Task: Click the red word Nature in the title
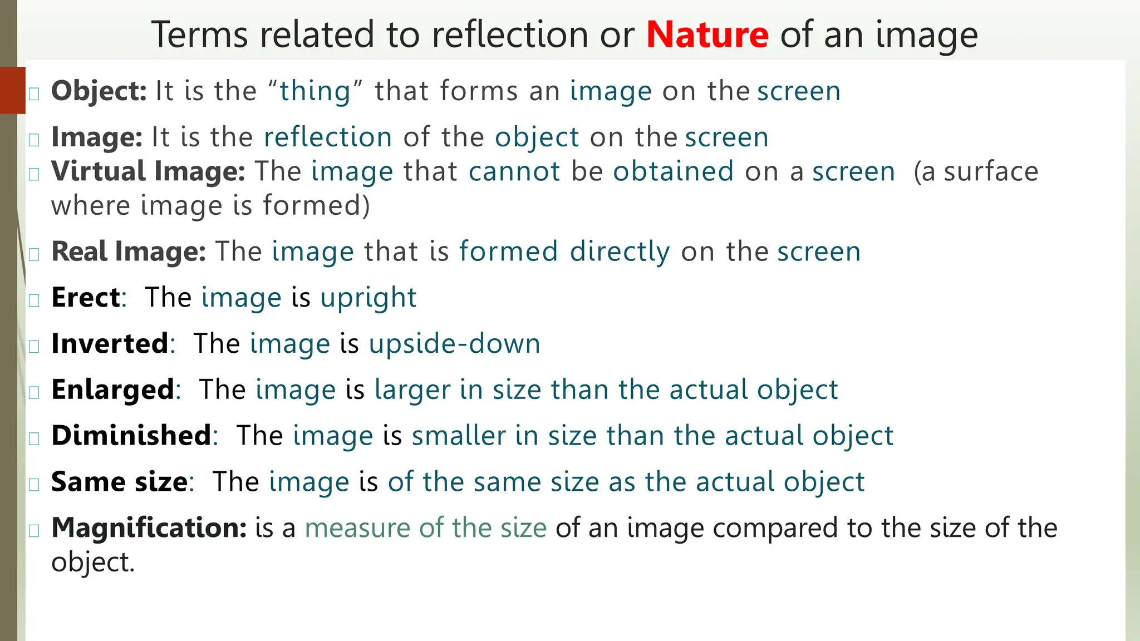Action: [707, 34]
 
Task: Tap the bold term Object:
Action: [99, 91]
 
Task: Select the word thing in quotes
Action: [315, 91]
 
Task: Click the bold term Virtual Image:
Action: [148, 171]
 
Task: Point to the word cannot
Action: [514, 171]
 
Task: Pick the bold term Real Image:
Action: [129, 252]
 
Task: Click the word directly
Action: [620, 252]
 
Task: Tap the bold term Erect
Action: [86, 298]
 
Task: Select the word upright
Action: [368, 298]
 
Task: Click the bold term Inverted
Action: [110, 344]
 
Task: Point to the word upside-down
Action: [454, 344]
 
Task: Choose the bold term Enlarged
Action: [113, 389]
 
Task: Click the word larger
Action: [412, 389]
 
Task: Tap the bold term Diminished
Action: [131, 436]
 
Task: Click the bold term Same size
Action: [119, 482]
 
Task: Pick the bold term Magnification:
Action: [149, 527]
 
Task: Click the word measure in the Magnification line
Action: [356, 527]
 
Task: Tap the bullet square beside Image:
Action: [34, 139]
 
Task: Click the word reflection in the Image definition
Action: [328, 137]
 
